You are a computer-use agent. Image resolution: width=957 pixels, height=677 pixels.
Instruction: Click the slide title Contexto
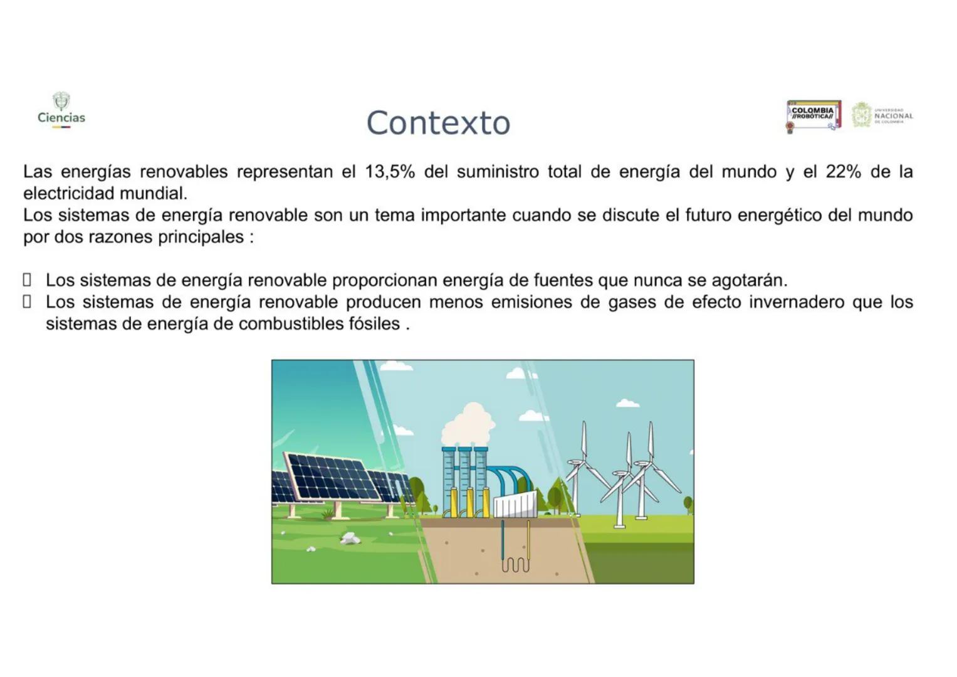coord(438,122)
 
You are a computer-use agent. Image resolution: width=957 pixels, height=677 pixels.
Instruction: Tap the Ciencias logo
coord(61,111)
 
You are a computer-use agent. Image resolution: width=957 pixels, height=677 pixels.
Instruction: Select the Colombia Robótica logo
coord(813,115)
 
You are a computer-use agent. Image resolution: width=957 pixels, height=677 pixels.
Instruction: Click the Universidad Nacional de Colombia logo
coord(882,115)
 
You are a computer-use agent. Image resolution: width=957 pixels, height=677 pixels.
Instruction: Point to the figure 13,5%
coord(390,172)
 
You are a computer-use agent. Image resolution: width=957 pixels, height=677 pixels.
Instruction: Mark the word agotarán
coord(749,280)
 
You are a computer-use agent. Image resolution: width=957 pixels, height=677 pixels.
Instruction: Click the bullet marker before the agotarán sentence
coord(27,280)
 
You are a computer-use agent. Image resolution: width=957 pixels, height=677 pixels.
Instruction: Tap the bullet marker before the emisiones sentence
coord(27,302)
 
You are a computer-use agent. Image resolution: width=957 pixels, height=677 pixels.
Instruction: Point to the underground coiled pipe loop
coord(515,564)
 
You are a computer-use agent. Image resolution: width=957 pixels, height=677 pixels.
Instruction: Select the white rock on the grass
coord(350,538)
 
